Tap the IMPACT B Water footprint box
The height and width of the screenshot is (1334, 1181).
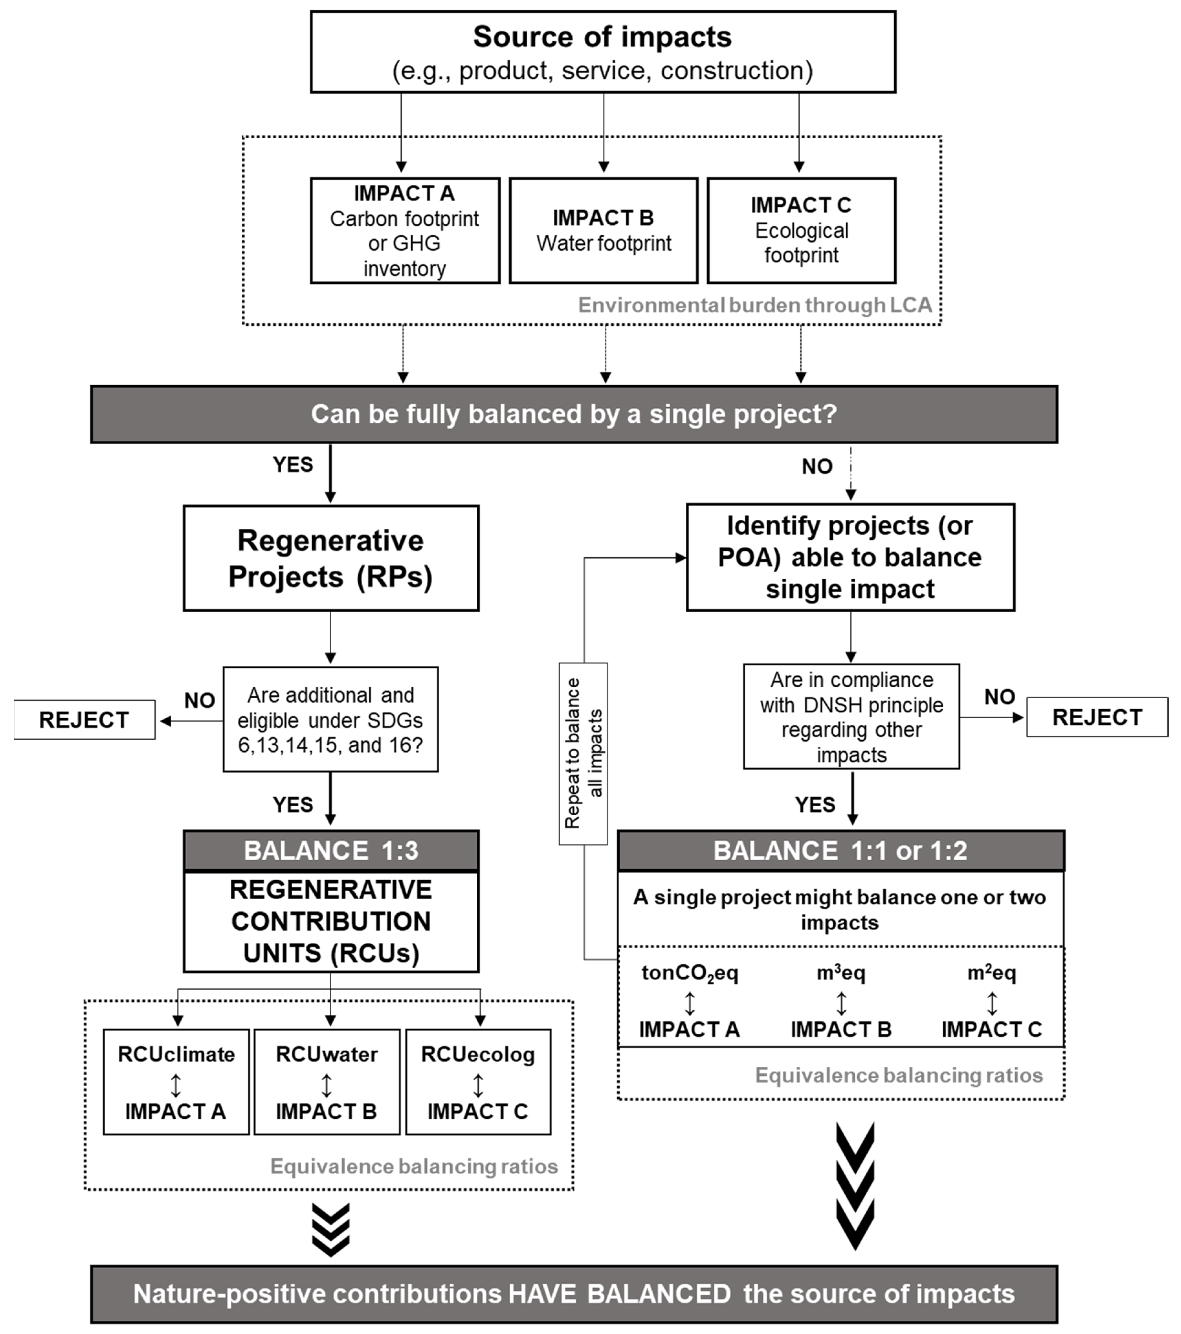[604, 230]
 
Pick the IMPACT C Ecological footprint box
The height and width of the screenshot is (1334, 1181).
[801, 230]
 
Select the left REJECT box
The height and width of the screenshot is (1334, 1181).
[84, 720]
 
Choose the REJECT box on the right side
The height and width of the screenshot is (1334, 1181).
[1097, 717]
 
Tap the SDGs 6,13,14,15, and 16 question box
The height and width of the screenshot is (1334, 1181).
[331, 719]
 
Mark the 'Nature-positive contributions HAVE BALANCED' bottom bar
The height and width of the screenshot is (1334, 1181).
[574, 1294]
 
